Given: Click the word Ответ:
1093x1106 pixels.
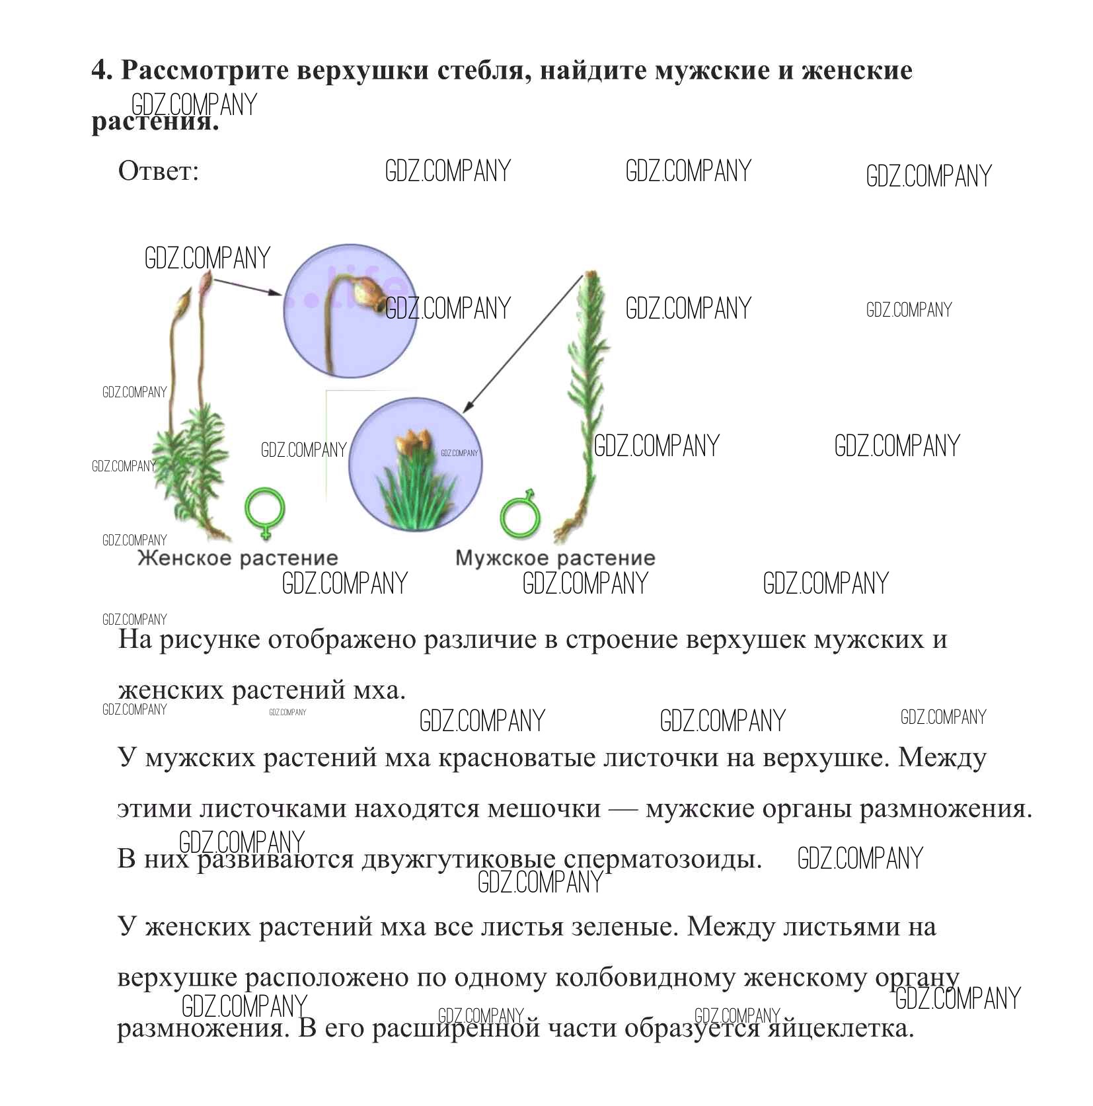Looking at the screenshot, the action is click(x=159, y=171).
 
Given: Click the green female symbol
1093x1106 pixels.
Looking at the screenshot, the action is click(x=265, y=513).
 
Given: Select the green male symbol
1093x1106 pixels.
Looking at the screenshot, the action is click(x=521, y=513).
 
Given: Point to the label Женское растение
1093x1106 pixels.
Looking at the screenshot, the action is click(x=238, y=559).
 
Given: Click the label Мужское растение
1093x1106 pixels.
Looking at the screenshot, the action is click(x=556, y=559).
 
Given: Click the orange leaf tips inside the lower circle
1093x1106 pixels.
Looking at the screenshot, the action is click(x=411, y=441).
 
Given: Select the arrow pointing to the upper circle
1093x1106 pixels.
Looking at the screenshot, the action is click(x=248, y=286).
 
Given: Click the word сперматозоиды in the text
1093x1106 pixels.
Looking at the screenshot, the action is click(x=663, y=859).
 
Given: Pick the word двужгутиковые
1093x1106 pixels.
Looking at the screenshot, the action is click(x=458, y=859).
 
